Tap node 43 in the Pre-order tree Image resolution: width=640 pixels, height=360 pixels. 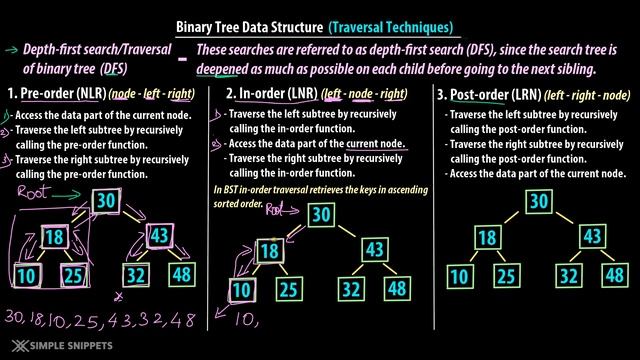[160, 235]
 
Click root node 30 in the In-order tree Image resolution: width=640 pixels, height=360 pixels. [320, 213]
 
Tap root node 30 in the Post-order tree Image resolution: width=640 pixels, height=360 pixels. [539, 201]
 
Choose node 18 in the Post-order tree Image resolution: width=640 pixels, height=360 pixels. [486, 237]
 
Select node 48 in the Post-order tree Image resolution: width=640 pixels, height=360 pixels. [613, 275]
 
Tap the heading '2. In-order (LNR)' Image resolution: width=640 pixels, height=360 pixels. [263, 95]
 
